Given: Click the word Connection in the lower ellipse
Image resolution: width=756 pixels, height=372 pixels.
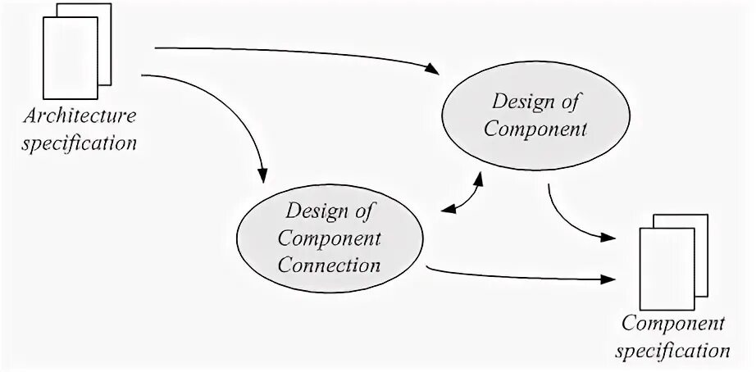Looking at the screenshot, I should coord(330,265).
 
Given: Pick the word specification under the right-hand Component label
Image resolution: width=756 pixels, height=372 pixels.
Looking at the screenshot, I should coord(675,351).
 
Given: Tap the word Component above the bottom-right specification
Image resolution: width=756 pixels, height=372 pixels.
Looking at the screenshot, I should coord(674,324).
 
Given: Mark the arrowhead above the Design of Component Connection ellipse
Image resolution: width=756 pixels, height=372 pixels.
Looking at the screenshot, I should coord(263,175).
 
